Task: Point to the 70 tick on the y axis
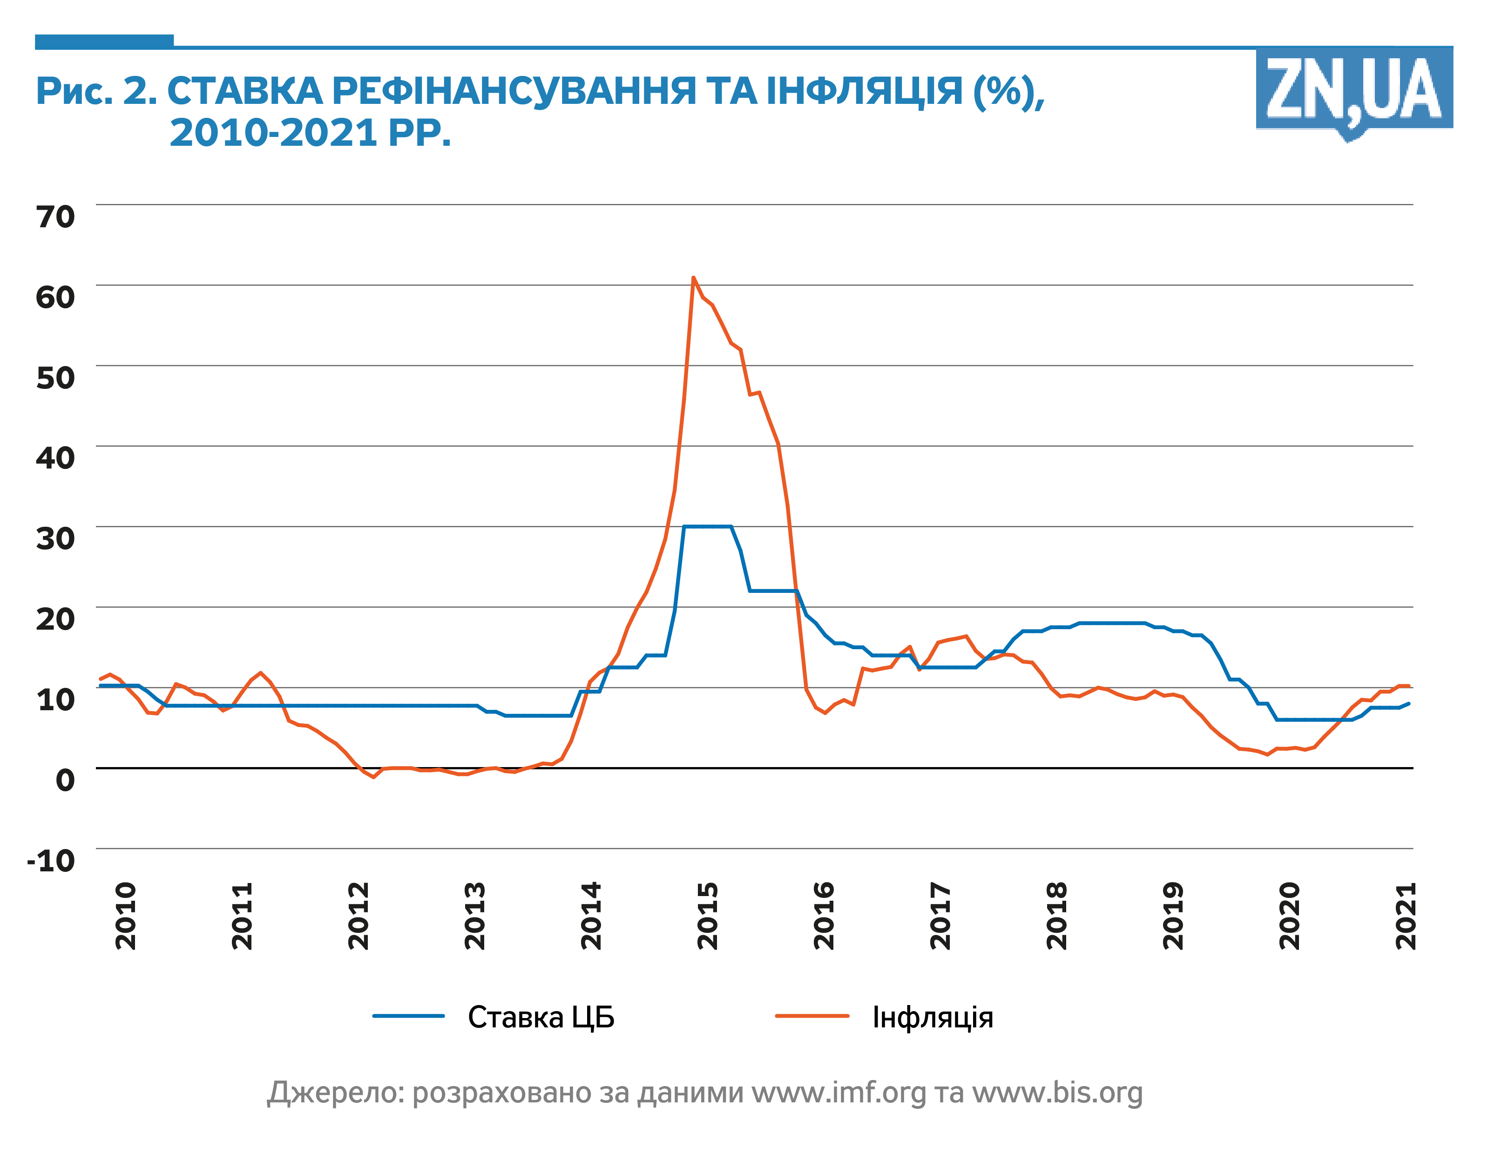(55, 217)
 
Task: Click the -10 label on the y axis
(51, 861)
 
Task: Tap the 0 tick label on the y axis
(65, 780)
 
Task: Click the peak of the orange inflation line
(693, 278)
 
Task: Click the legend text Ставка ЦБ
(541, 1017)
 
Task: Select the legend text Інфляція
(933, 1017)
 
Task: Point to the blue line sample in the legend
(408, 1016)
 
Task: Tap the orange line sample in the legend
(812, 1016)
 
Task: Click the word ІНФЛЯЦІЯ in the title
(865, 91)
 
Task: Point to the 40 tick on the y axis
(55, 458)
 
